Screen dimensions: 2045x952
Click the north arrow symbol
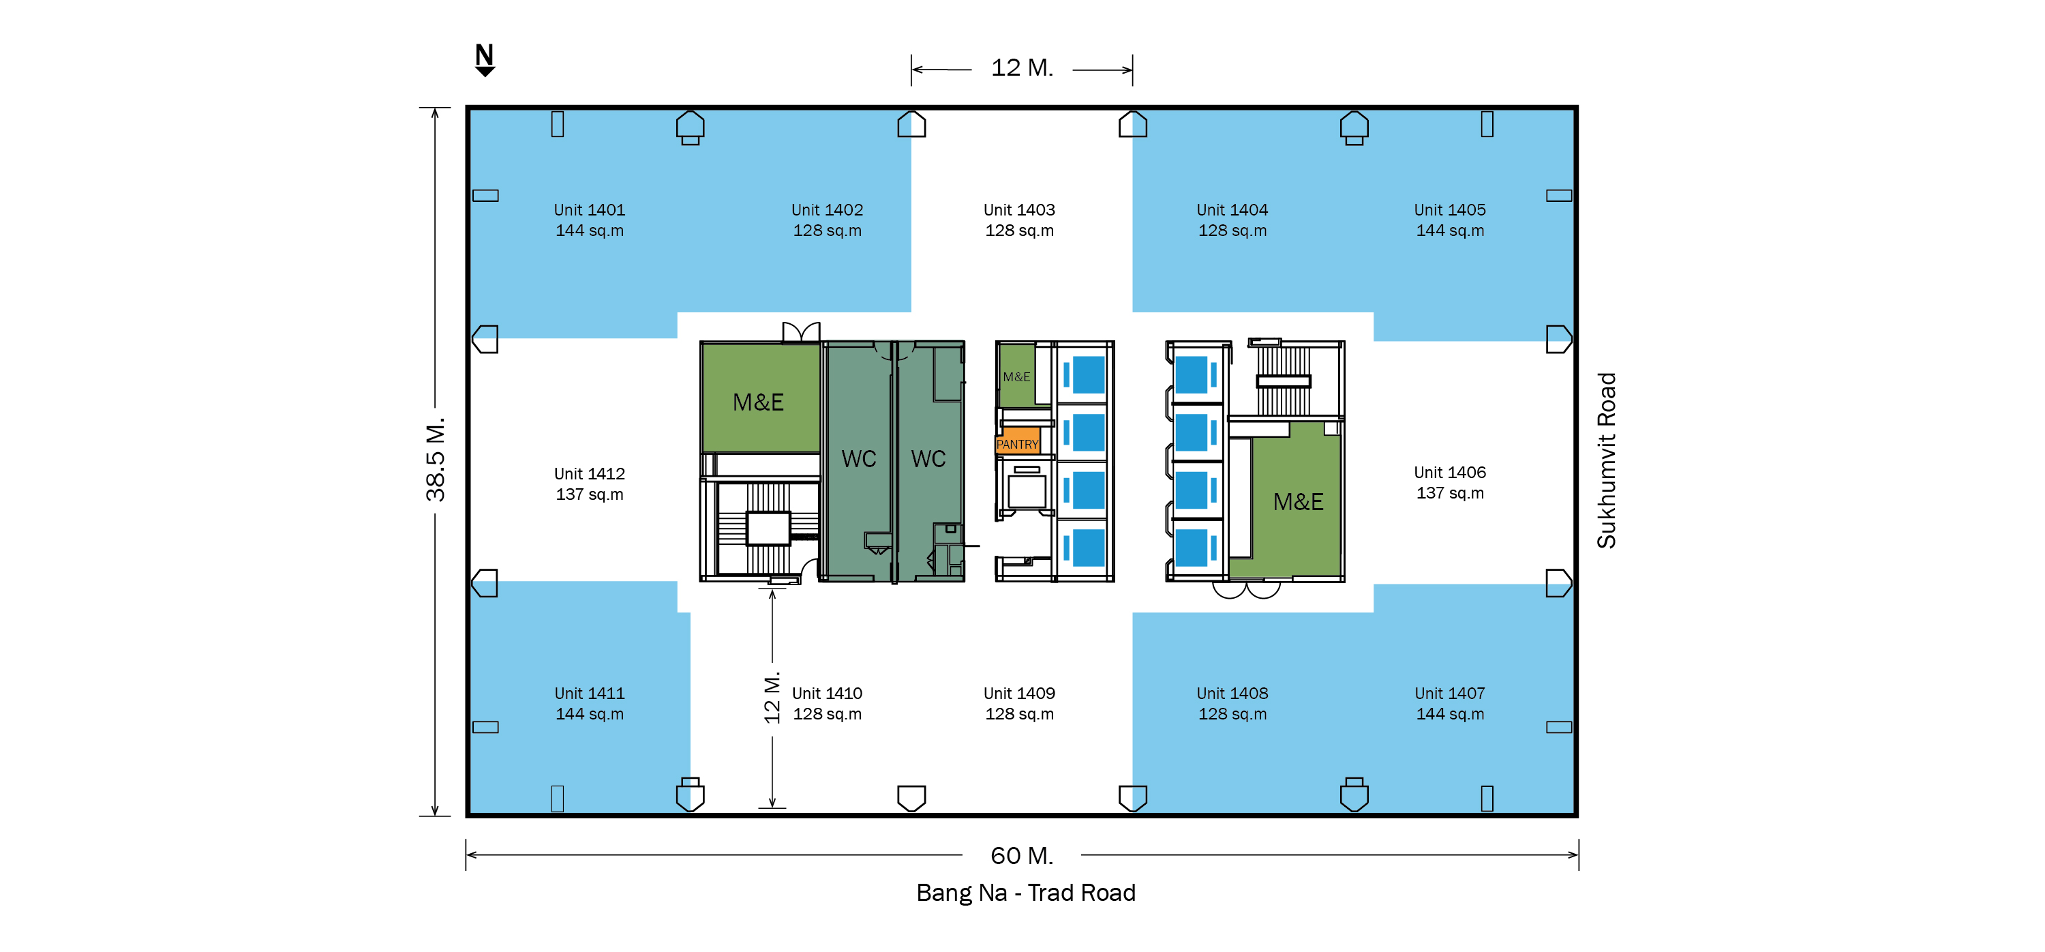[484, 60]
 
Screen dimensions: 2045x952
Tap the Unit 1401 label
[589, 220]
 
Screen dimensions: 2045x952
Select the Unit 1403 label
[1019, 220]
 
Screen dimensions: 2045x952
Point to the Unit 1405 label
[1450, 220]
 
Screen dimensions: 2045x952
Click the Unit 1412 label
[589, 484]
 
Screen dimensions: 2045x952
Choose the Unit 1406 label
[1450, 482]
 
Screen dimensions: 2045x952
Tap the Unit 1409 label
[1019, 704]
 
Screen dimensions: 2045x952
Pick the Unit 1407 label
[1450, 704]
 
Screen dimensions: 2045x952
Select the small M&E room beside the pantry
[1017, 376]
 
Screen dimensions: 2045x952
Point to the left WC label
[859, 459]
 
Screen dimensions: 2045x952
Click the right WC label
[928, 459]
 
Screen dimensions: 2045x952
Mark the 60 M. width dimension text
[1022, 855]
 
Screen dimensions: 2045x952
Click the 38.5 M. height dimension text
[436, 460]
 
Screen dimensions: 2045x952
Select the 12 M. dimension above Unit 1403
[1022, 68]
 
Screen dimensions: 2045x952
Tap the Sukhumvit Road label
[1606, 460]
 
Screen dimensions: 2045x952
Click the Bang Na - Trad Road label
[1026, 893]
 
